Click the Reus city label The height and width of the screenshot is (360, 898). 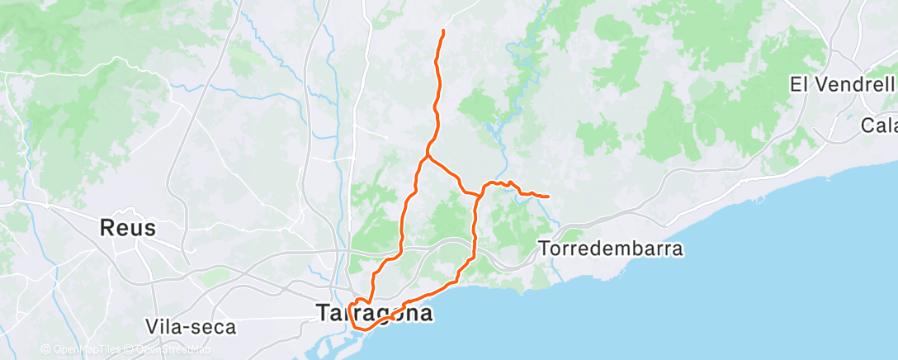127,228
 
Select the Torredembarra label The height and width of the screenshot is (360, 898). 610,248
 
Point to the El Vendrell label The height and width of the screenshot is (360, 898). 842,84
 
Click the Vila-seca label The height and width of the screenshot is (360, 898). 190,326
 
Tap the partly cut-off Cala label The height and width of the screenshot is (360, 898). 878,126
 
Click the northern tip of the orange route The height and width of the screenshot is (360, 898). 444,31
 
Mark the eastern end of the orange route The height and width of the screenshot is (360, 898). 549,196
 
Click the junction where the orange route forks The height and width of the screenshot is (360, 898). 428,154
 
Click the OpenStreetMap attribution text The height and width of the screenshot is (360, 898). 168,349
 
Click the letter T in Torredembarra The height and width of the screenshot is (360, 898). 543,248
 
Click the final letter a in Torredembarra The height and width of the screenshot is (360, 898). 678,248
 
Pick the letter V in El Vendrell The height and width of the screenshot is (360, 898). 821,84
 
